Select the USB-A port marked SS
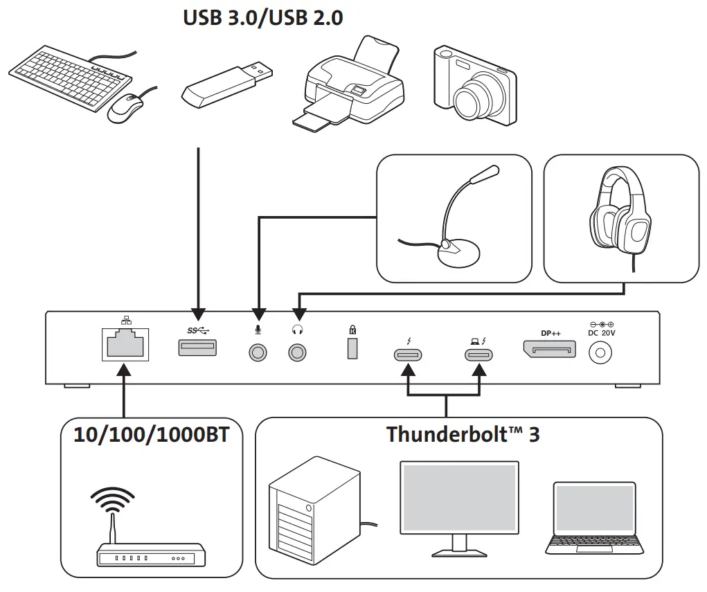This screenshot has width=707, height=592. tap(199, 348)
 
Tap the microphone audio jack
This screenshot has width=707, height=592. tap(258, 352)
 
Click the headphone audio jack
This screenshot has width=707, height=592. tap(298, 352)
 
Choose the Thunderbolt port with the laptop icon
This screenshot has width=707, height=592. tap(478, 356)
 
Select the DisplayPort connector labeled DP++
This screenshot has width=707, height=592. tap(550, 349)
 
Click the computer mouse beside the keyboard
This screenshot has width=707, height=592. tap(125, 108)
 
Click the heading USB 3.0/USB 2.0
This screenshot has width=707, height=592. tap(262, 18)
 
